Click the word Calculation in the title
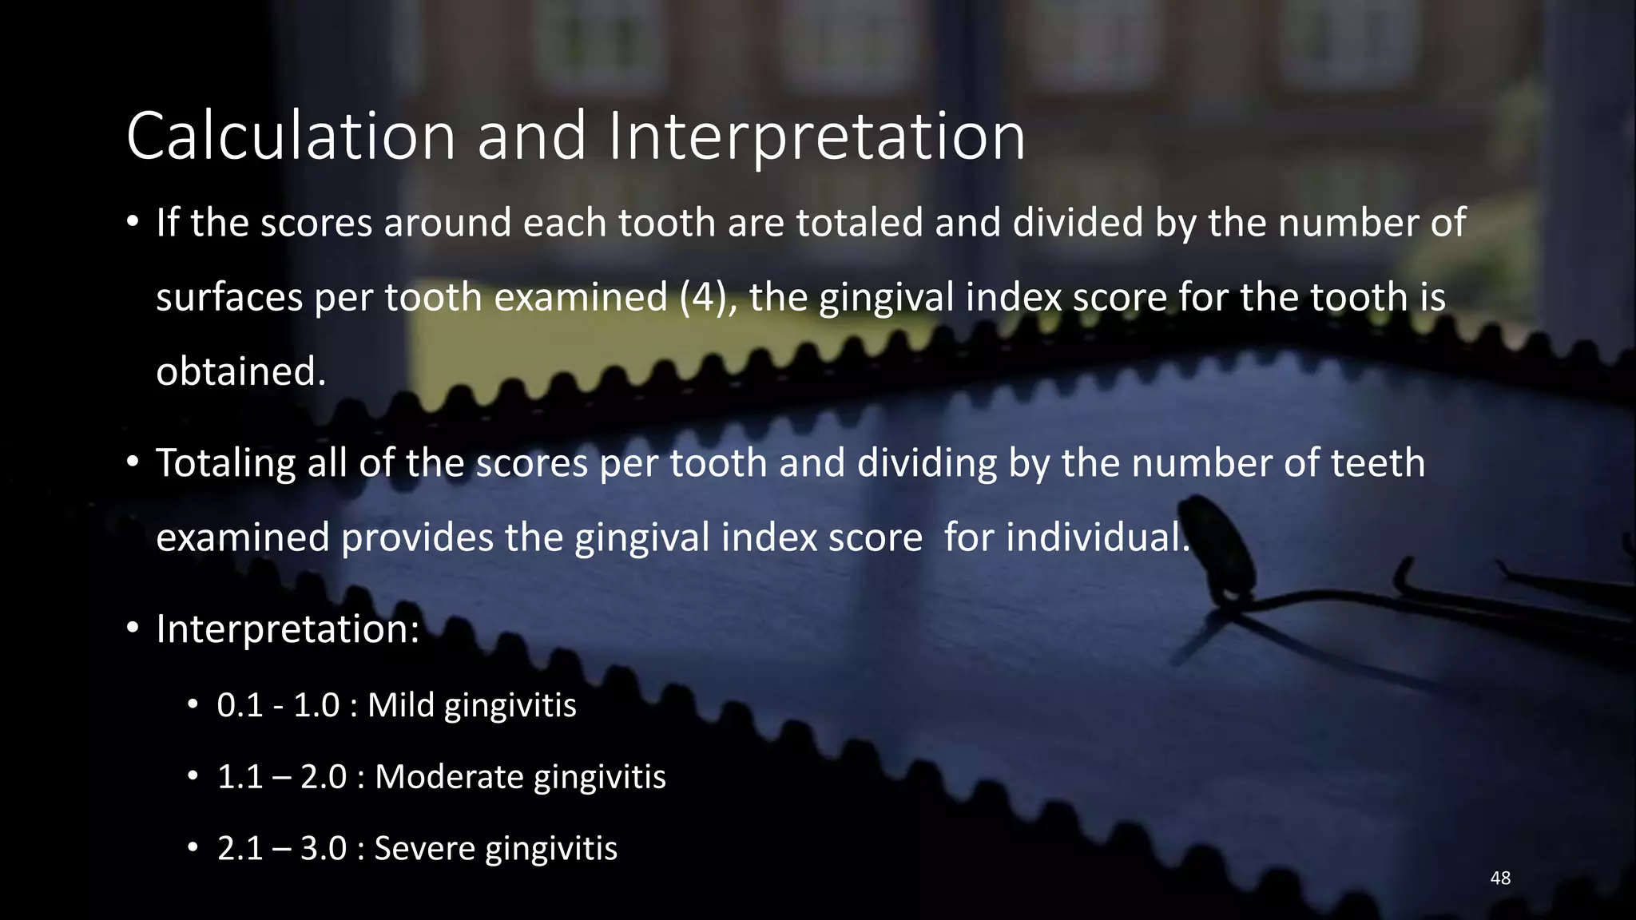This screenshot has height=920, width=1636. (291, 137)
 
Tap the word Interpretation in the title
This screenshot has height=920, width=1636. (816, 137)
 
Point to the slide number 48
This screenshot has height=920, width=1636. (1500, 878)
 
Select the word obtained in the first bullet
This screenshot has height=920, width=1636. (240, 371)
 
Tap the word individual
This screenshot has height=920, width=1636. (1098, 537)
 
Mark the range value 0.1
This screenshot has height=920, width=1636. (240, 705)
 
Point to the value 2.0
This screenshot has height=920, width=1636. (324, 777)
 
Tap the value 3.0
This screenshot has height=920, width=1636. (324, 848)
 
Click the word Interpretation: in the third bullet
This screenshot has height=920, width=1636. (288, 629)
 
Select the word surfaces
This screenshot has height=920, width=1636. (229, 297)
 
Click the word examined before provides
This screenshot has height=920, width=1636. (242, 537)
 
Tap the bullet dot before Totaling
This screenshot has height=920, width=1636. (133, 462)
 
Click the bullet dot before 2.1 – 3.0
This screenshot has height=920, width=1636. (193, 847)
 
